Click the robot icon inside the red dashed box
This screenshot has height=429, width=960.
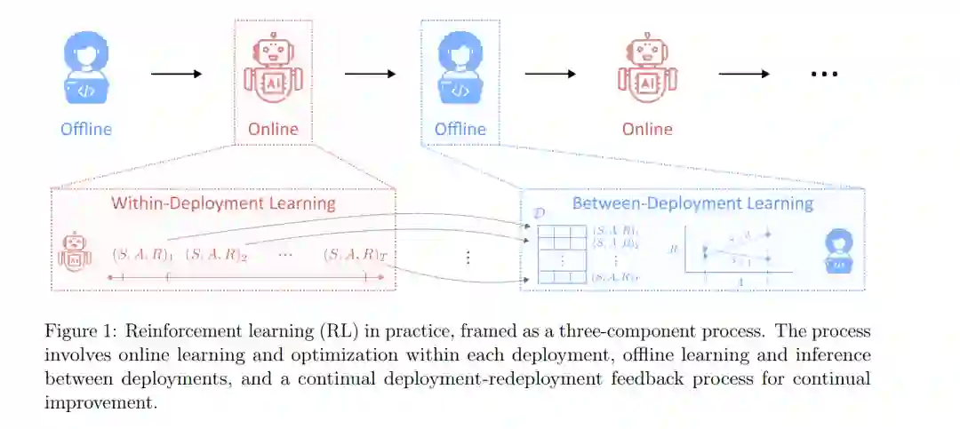[x=273, y=71]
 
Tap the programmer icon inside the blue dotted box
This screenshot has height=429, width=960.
[x=460, y=72]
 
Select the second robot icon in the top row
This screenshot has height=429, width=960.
[x=646, y=71]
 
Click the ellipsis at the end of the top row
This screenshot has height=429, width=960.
[x=824, y=74]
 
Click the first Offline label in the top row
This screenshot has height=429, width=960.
[x=86, y=129]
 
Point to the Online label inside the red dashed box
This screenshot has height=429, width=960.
[x=273, y=129]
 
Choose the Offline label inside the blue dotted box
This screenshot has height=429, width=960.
[x=460, y=129]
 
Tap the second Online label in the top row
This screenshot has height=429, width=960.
[x=646, y=129]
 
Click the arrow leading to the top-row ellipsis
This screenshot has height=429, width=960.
[x=744, y=73]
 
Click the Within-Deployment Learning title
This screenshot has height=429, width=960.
[x=223, y=203]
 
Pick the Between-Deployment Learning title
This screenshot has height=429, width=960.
[x=692, y=203]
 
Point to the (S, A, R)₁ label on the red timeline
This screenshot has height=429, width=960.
[x=142, y=254]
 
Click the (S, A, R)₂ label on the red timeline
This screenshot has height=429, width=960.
[x=216, y=254]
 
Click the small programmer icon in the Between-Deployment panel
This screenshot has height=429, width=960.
[x=838, y=250]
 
